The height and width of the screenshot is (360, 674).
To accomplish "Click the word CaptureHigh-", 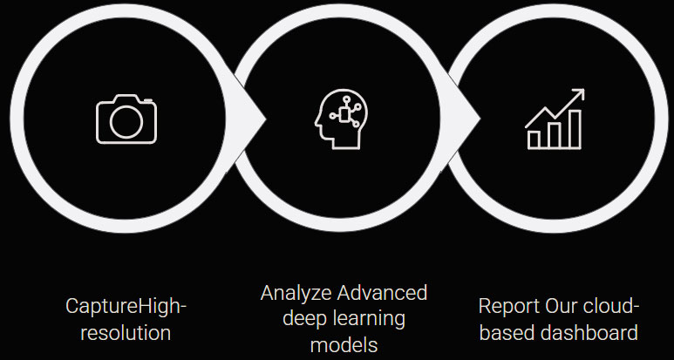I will pyautogui.click(x=126, y=307).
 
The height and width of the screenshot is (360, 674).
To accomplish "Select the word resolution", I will pyautogui.click(x=126, y=332).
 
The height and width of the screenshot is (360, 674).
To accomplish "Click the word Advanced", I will pyautogui.click(x=383, y=292).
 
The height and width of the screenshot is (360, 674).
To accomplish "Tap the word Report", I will pyautogui.click(x=508, y=308).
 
